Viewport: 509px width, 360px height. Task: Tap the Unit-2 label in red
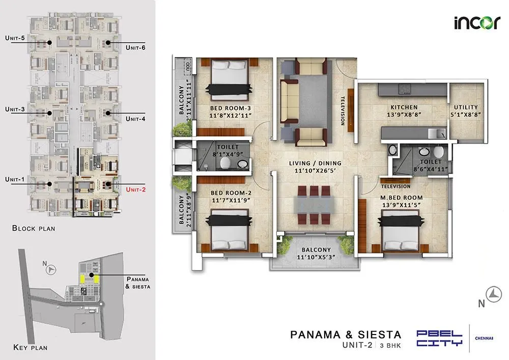pos(136,189)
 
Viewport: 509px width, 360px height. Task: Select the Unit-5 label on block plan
pos(15,38)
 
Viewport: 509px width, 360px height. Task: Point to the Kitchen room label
pos(404,107)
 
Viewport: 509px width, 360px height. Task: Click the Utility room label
pos(466,107)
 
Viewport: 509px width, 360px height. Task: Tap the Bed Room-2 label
pos(230,193)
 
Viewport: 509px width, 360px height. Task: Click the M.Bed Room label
pos(402,198)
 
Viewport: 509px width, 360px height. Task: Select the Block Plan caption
pos(34,229)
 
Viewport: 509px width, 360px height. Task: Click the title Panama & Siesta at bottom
pos(346,335)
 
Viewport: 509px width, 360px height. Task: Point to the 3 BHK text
pos(390,346)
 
